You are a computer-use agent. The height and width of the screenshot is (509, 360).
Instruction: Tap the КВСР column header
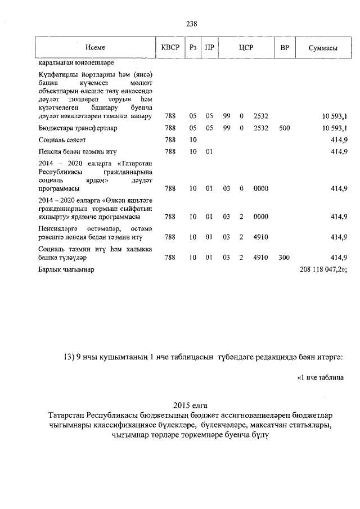point(170,48)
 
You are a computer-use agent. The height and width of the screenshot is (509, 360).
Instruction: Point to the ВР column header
point(284,48)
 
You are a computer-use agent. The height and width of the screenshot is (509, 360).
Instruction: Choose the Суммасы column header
point(323,48)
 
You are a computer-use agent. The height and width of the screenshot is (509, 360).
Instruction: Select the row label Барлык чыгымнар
point(66,270)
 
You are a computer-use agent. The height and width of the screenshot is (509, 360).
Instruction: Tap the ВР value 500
point(284,128)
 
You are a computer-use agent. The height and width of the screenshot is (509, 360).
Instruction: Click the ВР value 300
point(284,258)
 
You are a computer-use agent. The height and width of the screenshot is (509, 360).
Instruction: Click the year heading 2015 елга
point(191,406)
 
